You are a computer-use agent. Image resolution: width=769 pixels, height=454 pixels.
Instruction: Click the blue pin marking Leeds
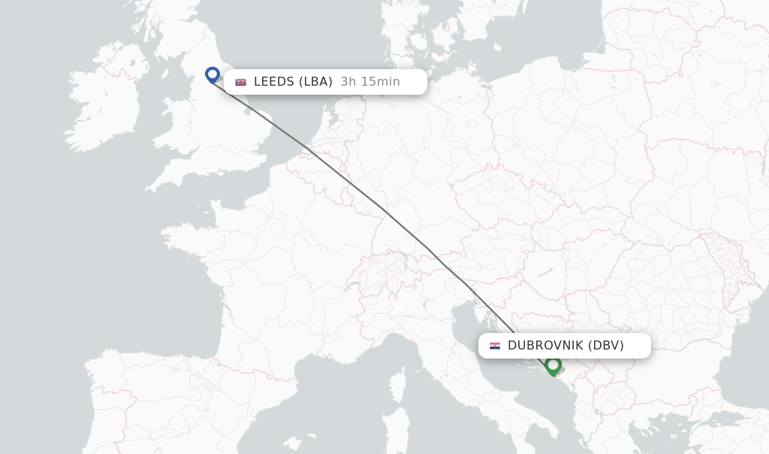coord(213,74)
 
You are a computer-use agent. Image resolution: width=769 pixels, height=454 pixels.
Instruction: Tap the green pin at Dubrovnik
coord(553,365)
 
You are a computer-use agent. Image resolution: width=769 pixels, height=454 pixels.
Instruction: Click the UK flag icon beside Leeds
coord(240,82)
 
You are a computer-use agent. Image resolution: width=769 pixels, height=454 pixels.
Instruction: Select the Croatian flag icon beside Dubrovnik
coord(494,346)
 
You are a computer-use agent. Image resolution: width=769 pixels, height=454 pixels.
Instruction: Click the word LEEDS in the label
coord(274,82)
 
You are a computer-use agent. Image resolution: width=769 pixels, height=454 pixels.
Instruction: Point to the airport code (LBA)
coord(315,82)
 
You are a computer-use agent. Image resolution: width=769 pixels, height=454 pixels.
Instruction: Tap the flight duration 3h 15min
coord(370,82)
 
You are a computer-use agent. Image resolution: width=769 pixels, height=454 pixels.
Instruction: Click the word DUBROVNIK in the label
coord(545,346)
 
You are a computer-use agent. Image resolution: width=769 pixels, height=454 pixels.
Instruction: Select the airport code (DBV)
coord(606,346)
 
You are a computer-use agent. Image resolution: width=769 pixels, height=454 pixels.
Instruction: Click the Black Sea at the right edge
coord(751,338)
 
